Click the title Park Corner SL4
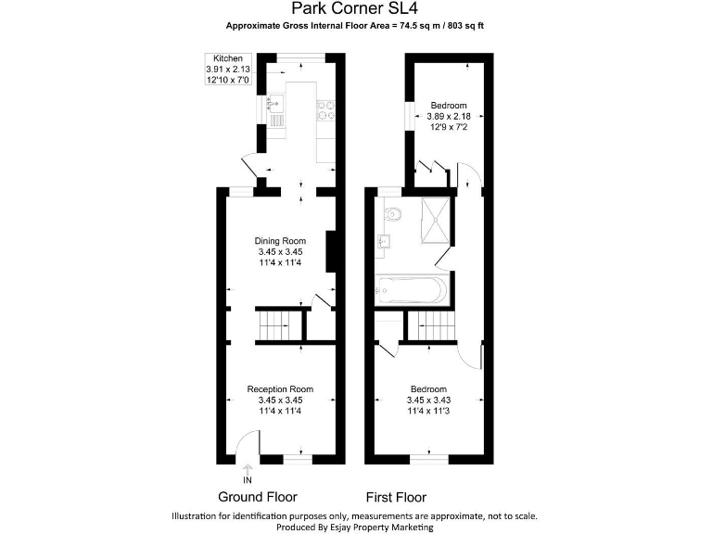(355, 11)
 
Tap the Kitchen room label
(227, 58)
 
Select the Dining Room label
(280, 241)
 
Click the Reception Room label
(280, 388)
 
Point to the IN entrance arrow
(247, 474)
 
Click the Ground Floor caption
(257, 497)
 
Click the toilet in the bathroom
(395, 212)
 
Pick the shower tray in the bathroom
(435, 219)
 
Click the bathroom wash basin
(383, 244)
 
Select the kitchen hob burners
(326, 109)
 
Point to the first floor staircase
(434, 326)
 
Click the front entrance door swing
(247, 448)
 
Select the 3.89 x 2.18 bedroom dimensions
(448, 116)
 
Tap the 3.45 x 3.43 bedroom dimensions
(428, 400)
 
